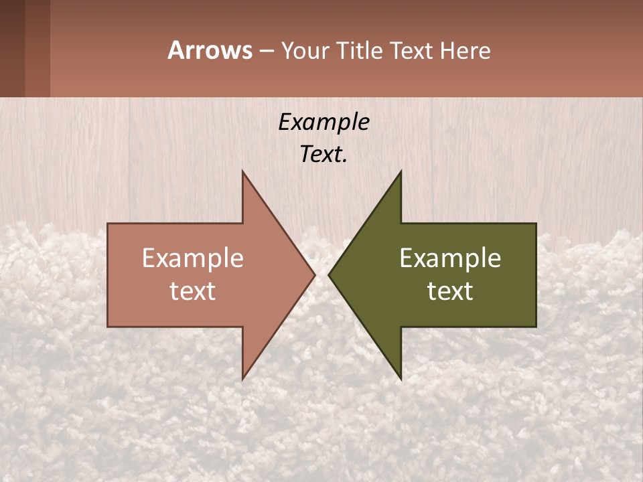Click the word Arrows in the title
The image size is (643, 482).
coord(210,50)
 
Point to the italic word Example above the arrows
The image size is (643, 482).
coord(324,122)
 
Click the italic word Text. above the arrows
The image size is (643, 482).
coord(324,154)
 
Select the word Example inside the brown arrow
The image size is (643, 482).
coord(192,258)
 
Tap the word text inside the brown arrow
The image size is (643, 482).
coord(192,291)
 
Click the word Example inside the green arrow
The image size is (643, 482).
coord(450,258)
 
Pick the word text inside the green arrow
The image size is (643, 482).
coord(450,291)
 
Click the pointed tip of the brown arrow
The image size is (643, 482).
coord(313,274)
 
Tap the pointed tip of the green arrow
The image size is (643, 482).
coord(330,274)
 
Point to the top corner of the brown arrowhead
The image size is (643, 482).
coord(243,173)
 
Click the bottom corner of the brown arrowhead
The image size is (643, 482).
coord(243,378)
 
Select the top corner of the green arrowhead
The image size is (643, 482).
coord(401,173)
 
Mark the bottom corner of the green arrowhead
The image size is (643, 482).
coord(401,378)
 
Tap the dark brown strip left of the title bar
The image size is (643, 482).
coord(25,48)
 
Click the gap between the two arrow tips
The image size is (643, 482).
coord(321,274)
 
